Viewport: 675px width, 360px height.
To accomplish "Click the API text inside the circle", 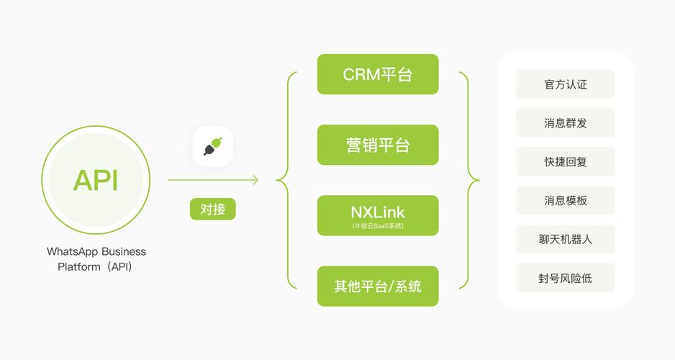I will click(96, 180).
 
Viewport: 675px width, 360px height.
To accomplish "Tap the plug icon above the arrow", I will click(212, 146).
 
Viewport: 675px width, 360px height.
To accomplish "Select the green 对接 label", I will click(212, 210).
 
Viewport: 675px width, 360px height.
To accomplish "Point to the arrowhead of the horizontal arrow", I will click(255, 180).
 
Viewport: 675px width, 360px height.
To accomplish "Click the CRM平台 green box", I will click(378, 74).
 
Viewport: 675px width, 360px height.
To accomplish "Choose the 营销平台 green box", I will click(378, 145).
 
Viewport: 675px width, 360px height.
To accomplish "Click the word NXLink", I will click(378, 212).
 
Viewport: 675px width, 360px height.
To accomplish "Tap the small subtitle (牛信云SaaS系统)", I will click(378, 226).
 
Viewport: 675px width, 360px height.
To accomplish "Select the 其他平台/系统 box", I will click(378, 286).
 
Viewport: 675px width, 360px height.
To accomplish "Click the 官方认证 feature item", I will click(566, 84).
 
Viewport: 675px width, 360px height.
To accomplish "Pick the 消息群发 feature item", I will click(566, 123).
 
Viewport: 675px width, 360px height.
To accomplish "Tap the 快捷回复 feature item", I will click(566, 162).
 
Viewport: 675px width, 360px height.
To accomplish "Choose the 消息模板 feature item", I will click(566, 200).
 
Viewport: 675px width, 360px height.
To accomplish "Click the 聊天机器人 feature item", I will click(566, 239).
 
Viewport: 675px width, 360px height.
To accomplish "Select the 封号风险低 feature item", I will click(566, 278).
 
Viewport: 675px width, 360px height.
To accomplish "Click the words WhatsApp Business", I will click(96, 252).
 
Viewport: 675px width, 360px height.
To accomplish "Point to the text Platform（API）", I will click(96, 266).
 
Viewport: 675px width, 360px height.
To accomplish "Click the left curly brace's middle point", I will click(278, 180).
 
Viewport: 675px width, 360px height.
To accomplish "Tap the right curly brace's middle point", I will click(478, 180).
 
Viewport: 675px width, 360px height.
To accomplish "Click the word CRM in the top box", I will click(361, 74).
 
